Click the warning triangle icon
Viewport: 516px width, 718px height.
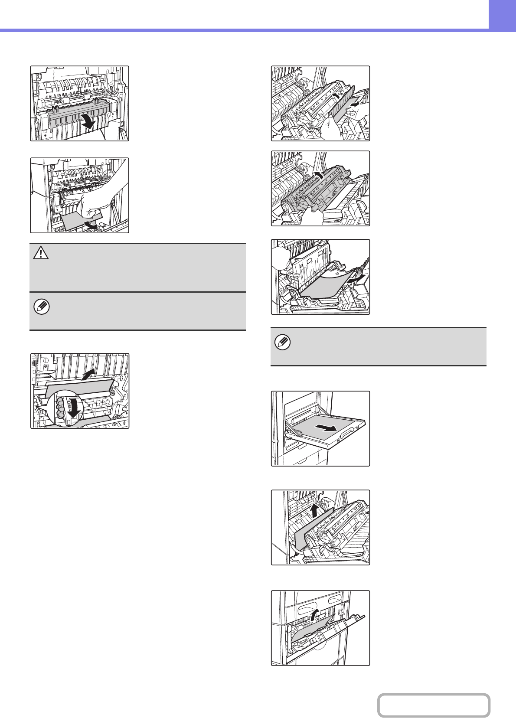(40, 253)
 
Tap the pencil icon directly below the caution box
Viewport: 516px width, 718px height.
(41, 307)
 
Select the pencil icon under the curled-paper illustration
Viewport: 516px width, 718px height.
(282, 343)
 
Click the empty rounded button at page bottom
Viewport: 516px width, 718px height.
(433, 705)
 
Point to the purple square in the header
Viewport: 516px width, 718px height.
(502, 14)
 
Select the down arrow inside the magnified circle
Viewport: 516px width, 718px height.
(75, 408)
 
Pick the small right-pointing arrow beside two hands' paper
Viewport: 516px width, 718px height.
(354, 104)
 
